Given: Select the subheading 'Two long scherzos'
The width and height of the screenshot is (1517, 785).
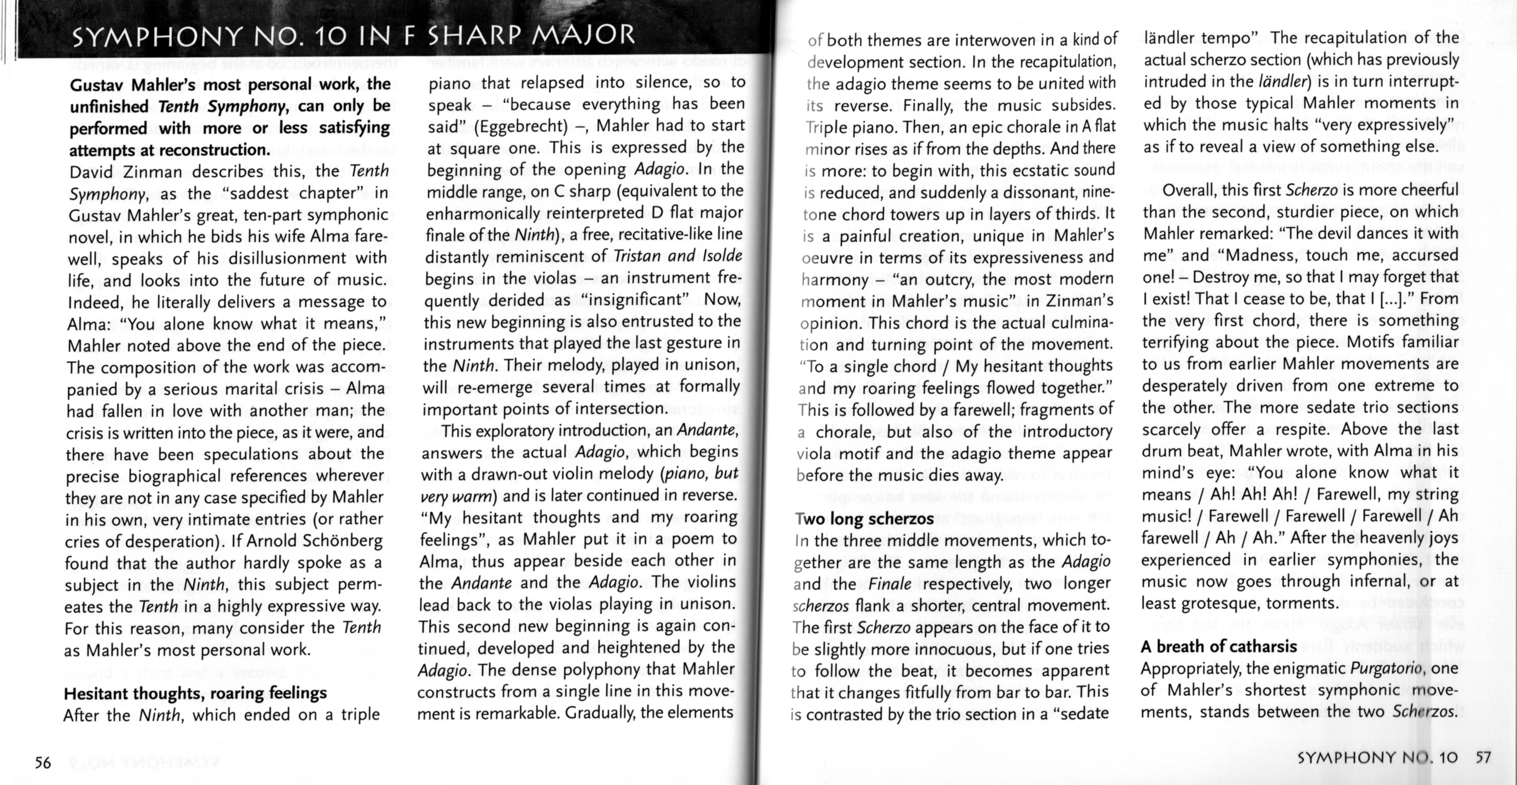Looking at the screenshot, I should click(864, 518).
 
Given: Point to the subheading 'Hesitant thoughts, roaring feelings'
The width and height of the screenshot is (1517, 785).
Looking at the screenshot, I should click(195, 693).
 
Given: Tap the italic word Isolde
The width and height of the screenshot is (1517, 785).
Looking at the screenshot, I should click(722, 255).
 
